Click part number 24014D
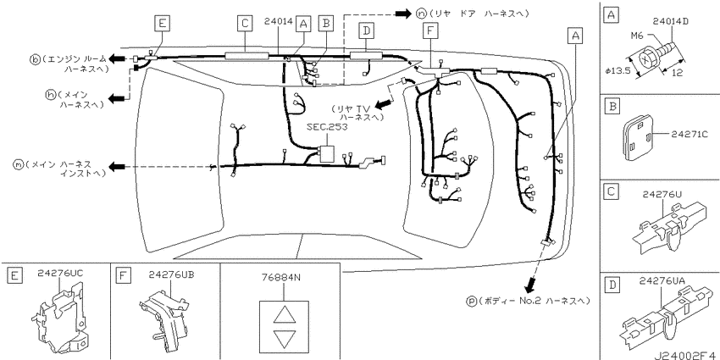pos(672,21)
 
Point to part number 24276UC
pos(61,274)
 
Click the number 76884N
pos(280,277)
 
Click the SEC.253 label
pos(329,128)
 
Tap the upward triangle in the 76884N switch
pos(283,315)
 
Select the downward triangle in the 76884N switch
pos(283,339)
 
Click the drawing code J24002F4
pos(686,354)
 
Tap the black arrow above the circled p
pos(530,285)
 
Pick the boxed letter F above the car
pos(430,30)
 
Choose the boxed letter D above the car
pos(366,30)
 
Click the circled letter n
pos(421,14)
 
